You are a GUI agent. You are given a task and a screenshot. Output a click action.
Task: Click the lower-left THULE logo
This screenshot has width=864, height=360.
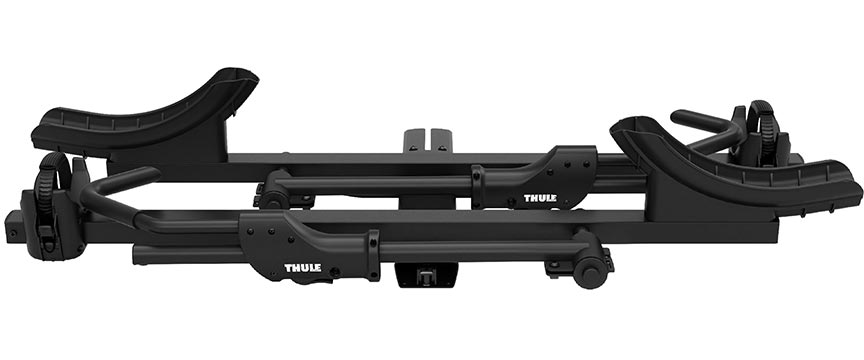pos(303,268)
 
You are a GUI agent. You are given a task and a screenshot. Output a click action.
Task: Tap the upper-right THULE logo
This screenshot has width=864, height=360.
pos(540,198)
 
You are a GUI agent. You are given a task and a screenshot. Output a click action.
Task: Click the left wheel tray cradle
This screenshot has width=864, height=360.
pos(144,113)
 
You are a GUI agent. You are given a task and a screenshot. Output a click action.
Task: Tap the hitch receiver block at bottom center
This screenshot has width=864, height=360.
pos(426,275)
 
